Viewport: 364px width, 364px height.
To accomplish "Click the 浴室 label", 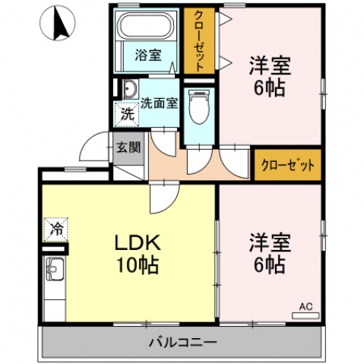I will (148, 55).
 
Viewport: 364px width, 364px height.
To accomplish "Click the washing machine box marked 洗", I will (127, 116).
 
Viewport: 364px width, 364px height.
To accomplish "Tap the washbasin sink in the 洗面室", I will (128, 90).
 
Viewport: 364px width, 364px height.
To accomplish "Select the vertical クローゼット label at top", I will (199, 42).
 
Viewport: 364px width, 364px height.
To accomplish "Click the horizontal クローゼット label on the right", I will (287, 164).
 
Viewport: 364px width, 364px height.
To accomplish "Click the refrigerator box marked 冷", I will (56, 226).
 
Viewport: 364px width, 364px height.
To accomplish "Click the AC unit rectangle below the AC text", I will (305, 314).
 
